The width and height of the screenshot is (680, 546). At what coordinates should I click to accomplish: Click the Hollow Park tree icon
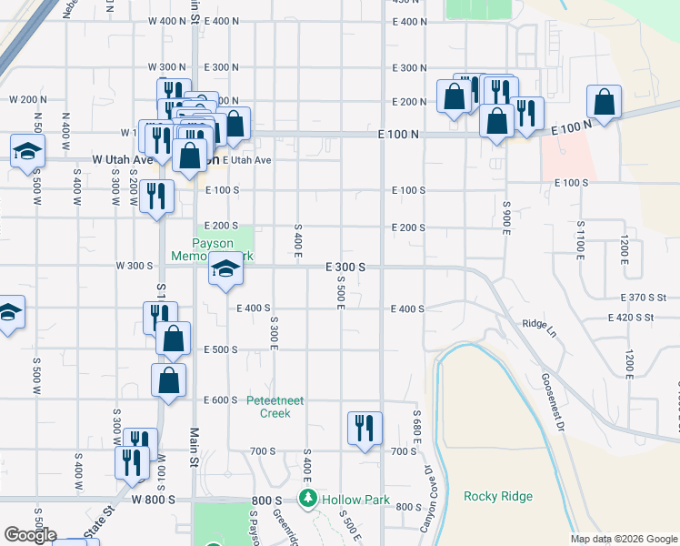coord(308,499)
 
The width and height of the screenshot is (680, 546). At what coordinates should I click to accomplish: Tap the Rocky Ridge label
coord(498,496)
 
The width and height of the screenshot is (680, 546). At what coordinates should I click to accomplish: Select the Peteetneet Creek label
coord(269,406)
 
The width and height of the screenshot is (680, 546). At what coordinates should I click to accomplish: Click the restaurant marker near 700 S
coord(365,428)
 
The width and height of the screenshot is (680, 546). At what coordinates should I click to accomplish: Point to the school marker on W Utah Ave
coord(27,151)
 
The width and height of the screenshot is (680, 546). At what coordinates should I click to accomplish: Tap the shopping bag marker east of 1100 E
coord(604,103)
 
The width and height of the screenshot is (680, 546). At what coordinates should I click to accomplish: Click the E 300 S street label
coord(345,267)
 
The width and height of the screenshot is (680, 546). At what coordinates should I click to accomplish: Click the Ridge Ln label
coord(538,323)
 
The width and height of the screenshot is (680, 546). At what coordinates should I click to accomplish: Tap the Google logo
coord(30,535)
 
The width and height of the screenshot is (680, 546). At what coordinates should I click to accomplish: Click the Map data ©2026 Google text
coord(624,539)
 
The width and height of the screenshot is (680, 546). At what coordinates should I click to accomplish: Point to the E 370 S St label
coord(644,298)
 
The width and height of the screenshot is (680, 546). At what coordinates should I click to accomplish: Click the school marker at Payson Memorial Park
coord(225,269)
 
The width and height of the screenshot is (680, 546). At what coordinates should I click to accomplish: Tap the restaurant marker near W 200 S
coord(157,197)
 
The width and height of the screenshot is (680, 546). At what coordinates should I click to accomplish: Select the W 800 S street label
coord(152,500)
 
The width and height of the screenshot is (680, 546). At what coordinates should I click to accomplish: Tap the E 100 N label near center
coord(399,134)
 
